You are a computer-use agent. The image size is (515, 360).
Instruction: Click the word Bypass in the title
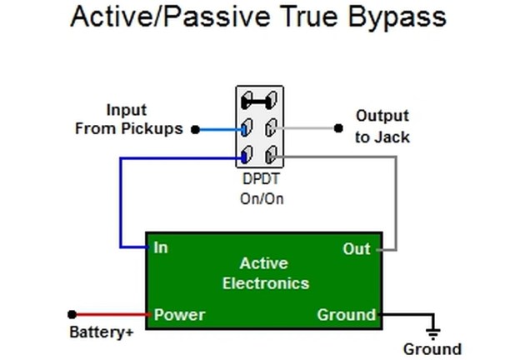[397, 17]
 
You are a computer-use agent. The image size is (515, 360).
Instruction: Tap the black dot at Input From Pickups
[196, 130]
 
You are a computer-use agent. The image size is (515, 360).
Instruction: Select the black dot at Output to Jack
[338, 128]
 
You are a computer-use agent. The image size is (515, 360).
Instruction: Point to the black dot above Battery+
[72, 314]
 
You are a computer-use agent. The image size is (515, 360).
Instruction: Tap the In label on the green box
[161, 247]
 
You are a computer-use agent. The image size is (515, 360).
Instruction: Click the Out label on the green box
[357, 249]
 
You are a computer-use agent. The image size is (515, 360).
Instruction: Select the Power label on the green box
[179, 315]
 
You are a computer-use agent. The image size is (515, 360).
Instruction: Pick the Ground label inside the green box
[346, 315]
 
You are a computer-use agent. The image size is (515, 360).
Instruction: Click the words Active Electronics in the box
[265, 273]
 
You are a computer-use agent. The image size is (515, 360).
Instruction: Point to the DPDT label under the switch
[261, 179]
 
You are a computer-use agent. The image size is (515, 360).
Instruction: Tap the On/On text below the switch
[262, 198]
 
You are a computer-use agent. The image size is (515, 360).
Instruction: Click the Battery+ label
[102, 332]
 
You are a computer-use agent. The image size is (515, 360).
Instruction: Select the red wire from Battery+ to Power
[112, 314]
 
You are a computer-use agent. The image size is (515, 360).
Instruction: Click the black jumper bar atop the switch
[259, 100]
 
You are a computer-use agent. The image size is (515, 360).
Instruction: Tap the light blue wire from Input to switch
[221, 130]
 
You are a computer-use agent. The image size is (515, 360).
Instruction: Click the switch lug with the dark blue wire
[247, 155]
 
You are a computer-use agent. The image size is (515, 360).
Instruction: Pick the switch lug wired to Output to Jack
[271, 127]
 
